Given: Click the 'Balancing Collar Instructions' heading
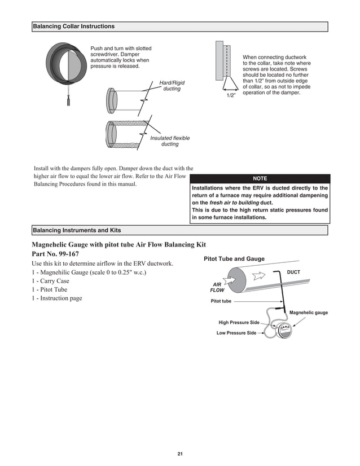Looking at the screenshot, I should (74, 27).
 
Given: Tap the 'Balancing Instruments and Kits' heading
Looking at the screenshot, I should (77, 230).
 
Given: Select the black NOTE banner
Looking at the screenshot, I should (260, 178).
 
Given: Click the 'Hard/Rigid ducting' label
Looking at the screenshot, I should (172, 86).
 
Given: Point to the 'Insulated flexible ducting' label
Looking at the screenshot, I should (170, 141).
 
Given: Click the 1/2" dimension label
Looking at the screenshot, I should (231, 96).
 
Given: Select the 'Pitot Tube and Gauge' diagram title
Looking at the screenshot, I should (234, 259).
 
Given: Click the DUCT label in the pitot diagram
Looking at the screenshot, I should (293, 272).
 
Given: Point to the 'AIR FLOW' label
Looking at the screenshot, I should (217, 287).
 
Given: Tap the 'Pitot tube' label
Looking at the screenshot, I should (221, 301).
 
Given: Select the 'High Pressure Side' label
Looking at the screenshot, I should (239, 323).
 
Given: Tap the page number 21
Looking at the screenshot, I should (180, 454).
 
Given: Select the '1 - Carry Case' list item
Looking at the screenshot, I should (51, 281).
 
